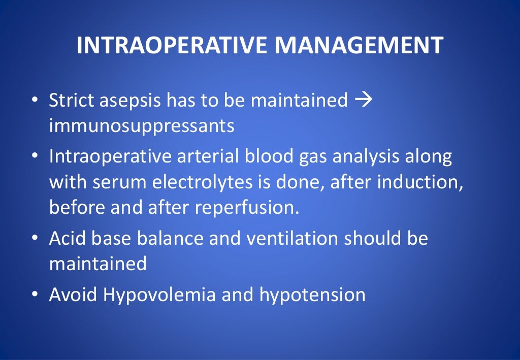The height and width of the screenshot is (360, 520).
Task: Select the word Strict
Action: click(x=71, y=100)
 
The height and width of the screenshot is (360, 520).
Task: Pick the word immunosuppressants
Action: click(x=142, y=125)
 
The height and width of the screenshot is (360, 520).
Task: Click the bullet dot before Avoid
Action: click(x=35, y=295)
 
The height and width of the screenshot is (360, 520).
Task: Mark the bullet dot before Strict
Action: click(x=35, y=100)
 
